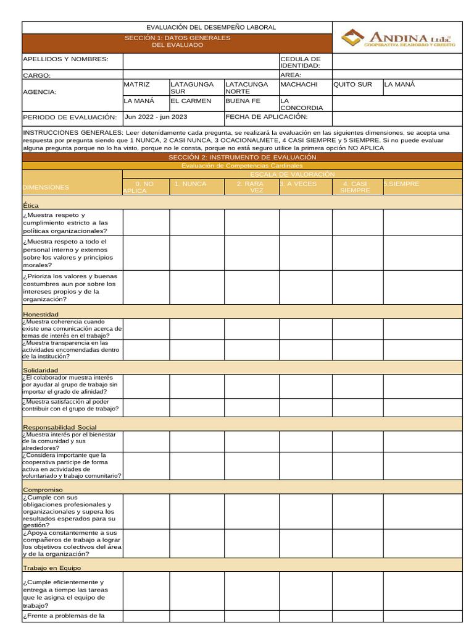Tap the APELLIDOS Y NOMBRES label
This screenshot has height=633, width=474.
tap(65, 59)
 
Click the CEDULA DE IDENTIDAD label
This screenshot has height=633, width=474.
tap(300, 62)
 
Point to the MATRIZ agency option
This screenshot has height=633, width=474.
tap(137, 85)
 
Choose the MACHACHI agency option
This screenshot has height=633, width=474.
tap(299, 85)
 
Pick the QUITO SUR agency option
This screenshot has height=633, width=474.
tap(352, 85)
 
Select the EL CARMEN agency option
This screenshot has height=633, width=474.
tap(191, 101)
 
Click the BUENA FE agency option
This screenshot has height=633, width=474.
tap(243, 101)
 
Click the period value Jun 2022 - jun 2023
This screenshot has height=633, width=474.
tap(156, 117)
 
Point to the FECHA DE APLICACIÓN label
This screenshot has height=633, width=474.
tap(266, 117)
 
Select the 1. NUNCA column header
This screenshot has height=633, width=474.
tap(190, 184)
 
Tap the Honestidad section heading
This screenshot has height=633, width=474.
tap(41, 315)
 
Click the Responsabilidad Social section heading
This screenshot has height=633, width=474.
tap(60, 427)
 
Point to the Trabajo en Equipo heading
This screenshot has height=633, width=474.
tap(52, 567)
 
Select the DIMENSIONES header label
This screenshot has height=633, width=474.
tap(46, 187)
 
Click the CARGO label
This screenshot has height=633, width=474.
tap(36, 75)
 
